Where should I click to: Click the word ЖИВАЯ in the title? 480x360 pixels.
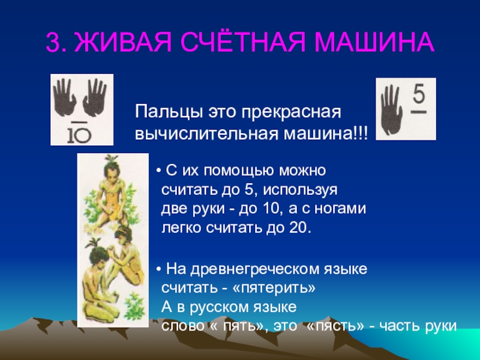(x=122, y=41)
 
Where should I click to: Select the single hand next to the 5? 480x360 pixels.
(x=391, y=110)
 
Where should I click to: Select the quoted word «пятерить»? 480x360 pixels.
(x=274, y=288)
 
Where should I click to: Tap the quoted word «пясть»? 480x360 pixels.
(x=335, y=326)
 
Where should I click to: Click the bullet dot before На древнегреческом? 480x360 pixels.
(x=158, y=270)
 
